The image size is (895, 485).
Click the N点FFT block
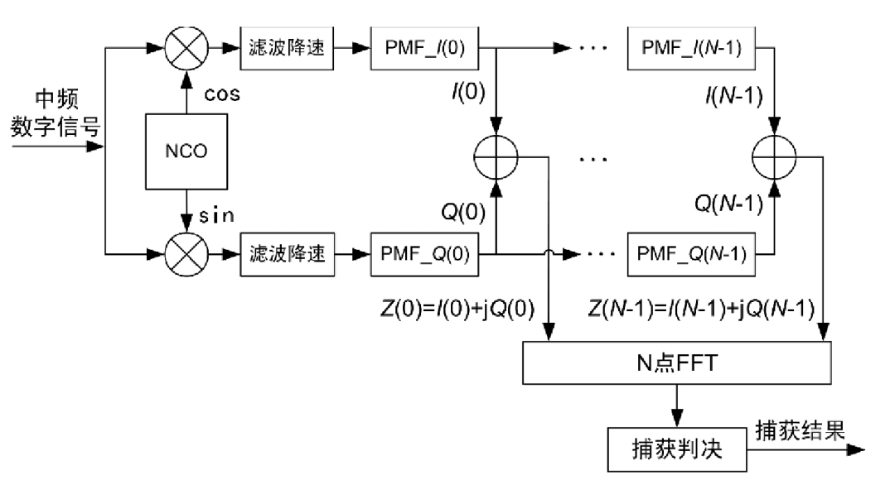click(676, 362)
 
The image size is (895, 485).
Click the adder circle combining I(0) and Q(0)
click(495, 155)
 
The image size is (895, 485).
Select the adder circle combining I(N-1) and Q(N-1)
click(774, 155)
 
